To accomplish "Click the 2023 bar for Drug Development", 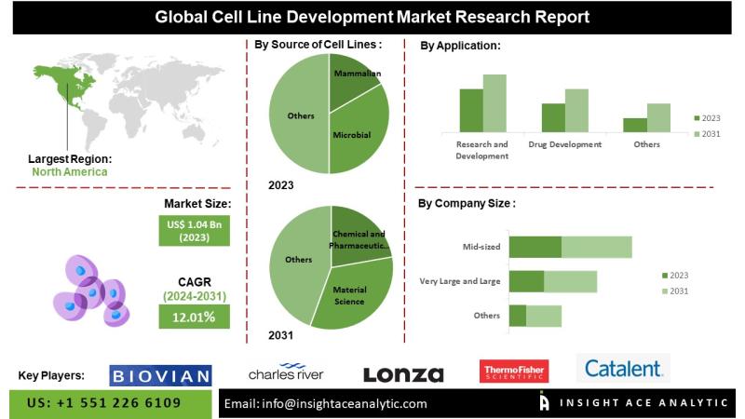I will click(553, 117).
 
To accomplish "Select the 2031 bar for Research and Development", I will click(494, 102).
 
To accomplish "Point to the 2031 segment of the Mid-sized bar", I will click(596, 247).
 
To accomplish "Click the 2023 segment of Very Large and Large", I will click(526, 281).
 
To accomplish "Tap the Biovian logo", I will click(160, 374).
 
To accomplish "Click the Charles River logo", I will click(286, 372).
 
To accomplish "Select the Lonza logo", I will click(403, 374).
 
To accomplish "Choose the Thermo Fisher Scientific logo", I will click(513, 372).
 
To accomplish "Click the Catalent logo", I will click(623, 369).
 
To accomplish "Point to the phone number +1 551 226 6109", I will click(104, 403).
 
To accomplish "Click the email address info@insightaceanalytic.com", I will click(326, 403).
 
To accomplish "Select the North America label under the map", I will click(69, 171).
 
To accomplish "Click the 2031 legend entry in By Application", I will click(707, 135).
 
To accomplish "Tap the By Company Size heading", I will click(466, 203).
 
